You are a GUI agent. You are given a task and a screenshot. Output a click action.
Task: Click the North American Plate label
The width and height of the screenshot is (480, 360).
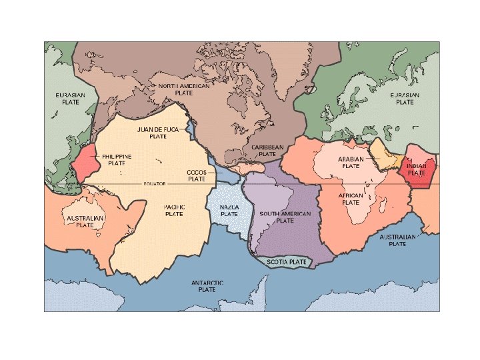[x=183, y=89]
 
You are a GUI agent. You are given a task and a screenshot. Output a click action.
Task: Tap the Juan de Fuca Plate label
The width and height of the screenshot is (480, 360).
[x=158, y=132]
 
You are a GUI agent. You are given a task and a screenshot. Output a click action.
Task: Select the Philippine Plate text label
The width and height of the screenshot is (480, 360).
[x=117, y=159]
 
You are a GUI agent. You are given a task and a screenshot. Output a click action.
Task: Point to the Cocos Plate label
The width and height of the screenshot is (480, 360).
[x=197, y=175]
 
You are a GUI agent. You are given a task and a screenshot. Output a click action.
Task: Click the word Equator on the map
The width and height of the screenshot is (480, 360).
[x=154, y=183]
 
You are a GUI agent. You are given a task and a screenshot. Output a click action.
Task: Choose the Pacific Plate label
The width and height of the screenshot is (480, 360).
[x=174, y=210]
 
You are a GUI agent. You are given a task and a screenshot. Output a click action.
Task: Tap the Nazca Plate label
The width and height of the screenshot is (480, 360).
[x=229, y=210]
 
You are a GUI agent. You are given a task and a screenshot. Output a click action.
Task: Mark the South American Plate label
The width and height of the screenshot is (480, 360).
[x=285, y=217]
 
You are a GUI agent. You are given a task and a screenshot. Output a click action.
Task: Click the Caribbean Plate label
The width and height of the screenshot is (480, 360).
[x=267, y=150]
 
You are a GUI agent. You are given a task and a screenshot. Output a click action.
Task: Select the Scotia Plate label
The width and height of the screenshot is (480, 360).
[x=287, y=262]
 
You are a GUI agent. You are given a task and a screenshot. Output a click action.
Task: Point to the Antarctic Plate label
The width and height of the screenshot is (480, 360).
[x=207, y=286]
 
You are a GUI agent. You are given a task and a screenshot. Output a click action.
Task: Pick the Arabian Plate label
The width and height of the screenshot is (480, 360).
[x=351, y=163]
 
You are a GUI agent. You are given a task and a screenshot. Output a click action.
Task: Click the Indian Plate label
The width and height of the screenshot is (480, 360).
[x=417, y=169]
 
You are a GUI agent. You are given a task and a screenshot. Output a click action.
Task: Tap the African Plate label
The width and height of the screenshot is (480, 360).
[x=351, y=199]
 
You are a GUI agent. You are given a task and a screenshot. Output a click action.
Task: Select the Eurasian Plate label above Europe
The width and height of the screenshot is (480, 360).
[x=405, y=99]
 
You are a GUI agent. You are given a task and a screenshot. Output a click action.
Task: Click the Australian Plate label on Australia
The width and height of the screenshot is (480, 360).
[x=85, y=221]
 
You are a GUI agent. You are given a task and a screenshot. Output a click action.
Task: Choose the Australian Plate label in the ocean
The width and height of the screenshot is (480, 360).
[x=397, y=240]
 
